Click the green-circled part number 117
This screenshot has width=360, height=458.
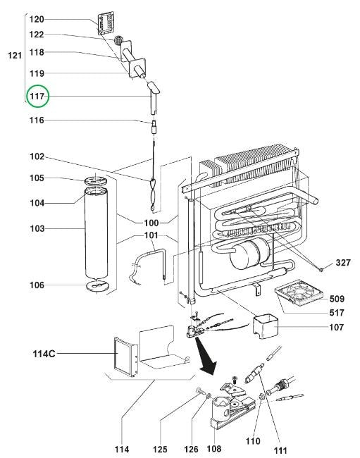coord(37,96)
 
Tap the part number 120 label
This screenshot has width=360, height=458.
coord(37,19)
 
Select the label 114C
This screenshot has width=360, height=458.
coord(44,354)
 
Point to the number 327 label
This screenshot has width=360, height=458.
coord(343,263)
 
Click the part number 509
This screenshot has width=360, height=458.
coord(337,299)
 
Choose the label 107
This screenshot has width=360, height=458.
coord(336,327)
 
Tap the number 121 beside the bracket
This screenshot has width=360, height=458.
coord(15,55)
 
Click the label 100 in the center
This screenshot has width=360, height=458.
coord(151,223)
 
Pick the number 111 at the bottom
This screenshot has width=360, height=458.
coord(280,450)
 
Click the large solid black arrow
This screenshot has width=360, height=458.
coord(206,357)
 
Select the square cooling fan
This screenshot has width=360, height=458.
coord(299,292)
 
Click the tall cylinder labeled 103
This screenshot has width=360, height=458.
coord(96,233)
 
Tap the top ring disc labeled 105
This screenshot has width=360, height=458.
coord(96,181)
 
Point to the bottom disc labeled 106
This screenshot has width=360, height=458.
coord(97,285)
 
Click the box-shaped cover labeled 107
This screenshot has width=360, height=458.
coord(266,326)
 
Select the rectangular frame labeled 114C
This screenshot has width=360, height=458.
coord(125,357)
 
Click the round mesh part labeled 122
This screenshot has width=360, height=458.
coord(118,40)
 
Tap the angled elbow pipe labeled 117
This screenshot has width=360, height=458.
coord(153,98)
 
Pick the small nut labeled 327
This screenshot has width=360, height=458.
coord(321,270)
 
